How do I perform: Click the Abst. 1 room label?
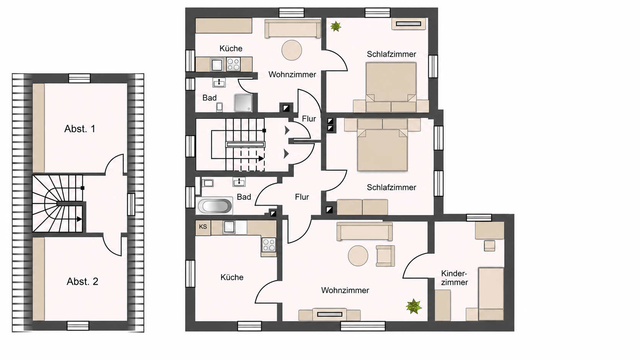[x=80, y=129]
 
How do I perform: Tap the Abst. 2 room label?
[x=83, y=282]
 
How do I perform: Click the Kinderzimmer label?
[x=454, y=278]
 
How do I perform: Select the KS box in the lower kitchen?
[x=203, y=227]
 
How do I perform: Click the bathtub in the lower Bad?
[x=215, y=205]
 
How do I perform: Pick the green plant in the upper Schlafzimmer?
[x=336, y=26]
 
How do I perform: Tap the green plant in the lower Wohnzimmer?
[x=413, y=306]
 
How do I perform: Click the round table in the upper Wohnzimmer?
[x=292, y=50]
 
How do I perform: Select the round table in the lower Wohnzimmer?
[x=358, y=256]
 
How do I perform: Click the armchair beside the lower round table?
[x=385, y=256]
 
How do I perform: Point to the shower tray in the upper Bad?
[x=243, y=103]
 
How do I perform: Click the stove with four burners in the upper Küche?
[x=233, y=64]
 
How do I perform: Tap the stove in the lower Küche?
[x=269, y=245]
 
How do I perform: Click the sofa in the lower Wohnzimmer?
[x=364, y=231]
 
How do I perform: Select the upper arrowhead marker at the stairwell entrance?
[x=287, y=130]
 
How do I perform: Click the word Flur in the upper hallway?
[x=309, y=119]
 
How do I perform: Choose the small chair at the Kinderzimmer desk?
[x=490, y=246]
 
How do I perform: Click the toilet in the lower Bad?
[x=208, y=183]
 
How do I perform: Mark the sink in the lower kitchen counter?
[x=229, y=227]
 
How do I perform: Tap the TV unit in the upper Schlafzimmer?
[x=408, y=24]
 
